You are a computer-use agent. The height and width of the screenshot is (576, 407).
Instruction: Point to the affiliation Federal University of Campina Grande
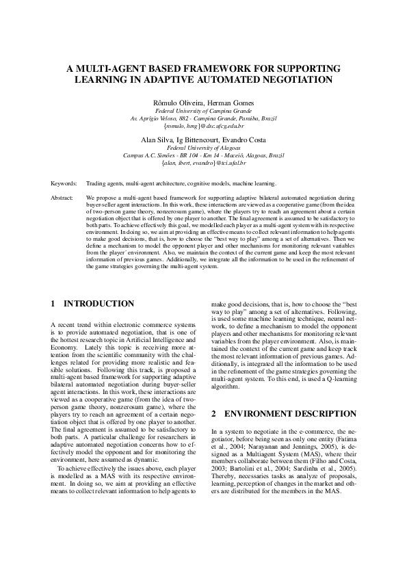point(204,110)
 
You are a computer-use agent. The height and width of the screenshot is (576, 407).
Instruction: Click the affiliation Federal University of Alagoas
point(204,147)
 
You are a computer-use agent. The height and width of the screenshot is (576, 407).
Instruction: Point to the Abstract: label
point(62,197)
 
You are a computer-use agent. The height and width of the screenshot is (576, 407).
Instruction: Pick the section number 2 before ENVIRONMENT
point(214,414)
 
